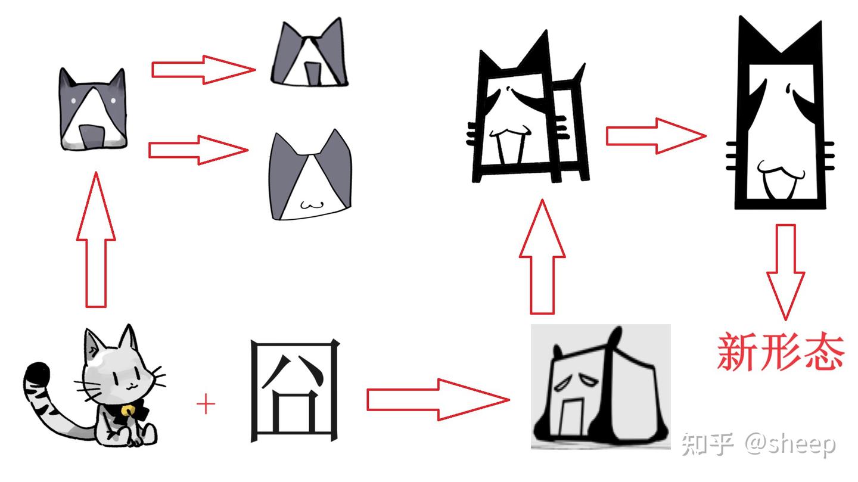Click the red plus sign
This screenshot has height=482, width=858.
click(x=206, y=405)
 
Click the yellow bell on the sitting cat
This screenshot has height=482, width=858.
click(x=128, y=411)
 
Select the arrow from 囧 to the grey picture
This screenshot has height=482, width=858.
click(x=438, y=399)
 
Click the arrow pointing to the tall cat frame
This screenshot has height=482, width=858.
click(x=655, y=136)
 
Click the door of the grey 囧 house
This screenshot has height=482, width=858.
click(x=571, y=416)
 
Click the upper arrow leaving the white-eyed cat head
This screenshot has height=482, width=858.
click(x=203, y=70)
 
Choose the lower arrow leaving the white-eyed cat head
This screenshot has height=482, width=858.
click(x=198, y=150)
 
